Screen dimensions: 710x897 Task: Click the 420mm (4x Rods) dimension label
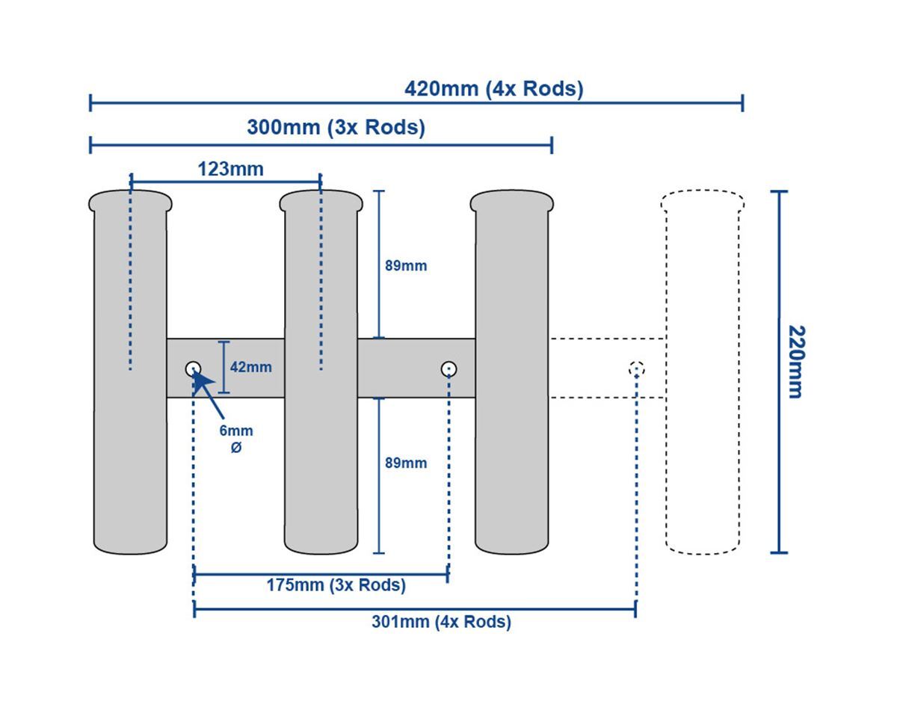[493, 89]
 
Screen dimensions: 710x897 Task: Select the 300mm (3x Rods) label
[336, 128]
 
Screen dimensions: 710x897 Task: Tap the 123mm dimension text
[230, 169]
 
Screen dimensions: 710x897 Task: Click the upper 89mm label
[406, 265]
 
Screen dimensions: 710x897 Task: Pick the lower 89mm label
[406, 463]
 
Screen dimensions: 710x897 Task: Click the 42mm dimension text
[250, 367]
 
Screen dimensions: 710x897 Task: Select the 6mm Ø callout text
[236, 439]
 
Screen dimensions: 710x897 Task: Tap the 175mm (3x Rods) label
[336, 585]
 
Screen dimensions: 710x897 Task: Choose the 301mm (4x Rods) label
[441, 622]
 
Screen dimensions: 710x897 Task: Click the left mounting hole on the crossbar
[193, 368]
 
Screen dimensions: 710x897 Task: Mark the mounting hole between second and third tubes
[449, 368]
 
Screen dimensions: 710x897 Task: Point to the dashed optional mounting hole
[636, 368]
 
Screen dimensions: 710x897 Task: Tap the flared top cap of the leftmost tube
[130, 200]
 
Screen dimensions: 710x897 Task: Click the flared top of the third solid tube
[512, 200]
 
